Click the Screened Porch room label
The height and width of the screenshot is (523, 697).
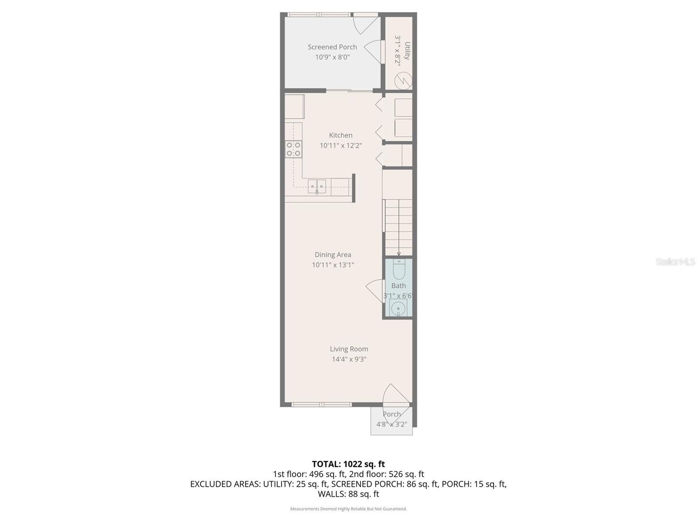tap(332, 47)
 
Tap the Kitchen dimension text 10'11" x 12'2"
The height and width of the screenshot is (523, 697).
tap(341, 146)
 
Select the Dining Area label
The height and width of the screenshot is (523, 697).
tap(333, 255)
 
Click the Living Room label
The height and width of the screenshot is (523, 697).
tap(348, 349)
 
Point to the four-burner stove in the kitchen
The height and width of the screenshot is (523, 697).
tap(293, 149)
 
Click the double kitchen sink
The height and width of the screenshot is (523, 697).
tap(317, 186)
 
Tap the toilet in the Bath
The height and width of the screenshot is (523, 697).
tap(399, 269)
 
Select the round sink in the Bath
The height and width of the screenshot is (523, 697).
tap(398, 309)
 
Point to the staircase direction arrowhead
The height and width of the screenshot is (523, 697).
tap(399, 254)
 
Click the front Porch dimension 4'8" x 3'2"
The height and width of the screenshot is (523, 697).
tap(392, 424)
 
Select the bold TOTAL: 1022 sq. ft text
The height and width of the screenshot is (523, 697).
tap(348, 464)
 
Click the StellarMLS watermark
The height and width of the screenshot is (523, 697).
tap(675, 261)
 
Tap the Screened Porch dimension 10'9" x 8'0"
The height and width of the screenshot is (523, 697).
tap(332, 57)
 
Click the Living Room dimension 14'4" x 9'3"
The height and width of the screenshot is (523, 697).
tap(348, 359)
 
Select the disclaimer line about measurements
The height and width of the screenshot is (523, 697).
tap(348, 509)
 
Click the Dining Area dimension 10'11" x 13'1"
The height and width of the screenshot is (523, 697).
tap(333, 265)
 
